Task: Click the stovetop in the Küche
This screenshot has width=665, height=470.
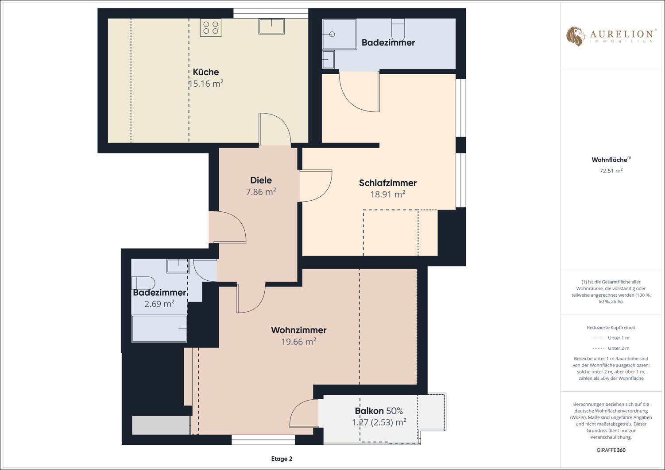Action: click(210, 27)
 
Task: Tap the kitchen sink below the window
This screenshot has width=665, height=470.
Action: click(271, 27)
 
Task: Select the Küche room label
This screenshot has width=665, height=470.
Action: click(206, 72)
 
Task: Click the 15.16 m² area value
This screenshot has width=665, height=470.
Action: click(206, 84)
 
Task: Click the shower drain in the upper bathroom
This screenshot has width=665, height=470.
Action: click(332, 34)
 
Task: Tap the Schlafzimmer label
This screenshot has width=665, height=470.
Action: click(388, 183)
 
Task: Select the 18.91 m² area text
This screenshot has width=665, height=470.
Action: click(388, 194)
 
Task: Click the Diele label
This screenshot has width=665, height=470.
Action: click(261, 180)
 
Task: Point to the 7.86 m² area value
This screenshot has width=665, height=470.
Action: click(261, 192)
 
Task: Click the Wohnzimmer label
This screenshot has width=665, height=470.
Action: click(299, 330)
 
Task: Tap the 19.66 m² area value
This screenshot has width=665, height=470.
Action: click(299, 342)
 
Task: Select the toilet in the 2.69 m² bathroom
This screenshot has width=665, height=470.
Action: click(143, 283)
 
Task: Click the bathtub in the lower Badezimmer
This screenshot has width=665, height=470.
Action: click(159, 329)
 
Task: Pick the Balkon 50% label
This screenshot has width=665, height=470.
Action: click(379, 411)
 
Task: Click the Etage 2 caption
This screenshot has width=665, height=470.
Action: click(282, 459)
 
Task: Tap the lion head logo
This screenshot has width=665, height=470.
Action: click(576, 36)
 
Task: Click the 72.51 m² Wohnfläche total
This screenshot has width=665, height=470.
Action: click(611, 171)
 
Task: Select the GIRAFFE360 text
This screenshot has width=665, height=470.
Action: click(611, 450)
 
